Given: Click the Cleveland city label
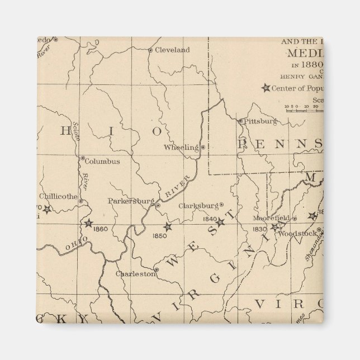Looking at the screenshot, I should coord(172,50).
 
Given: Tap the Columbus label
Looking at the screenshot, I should coord(102,162).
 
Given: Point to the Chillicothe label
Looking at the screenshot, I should coord(58,196).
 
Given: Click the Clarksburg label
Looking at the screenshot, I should coord(198,205).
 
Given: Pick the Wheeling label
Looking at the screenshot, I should coord(181,148).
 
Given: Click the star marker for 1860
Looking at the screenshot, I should coord(88,224).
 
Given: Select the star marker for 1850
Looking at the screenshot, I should coord(167,227).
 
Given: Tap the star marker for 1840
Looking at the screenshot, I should coord(220,222).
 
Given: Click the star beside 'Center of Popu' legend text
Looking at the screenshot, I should coord(266,88).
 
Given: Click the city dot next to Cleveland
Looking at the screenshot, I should coord(150,50).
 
